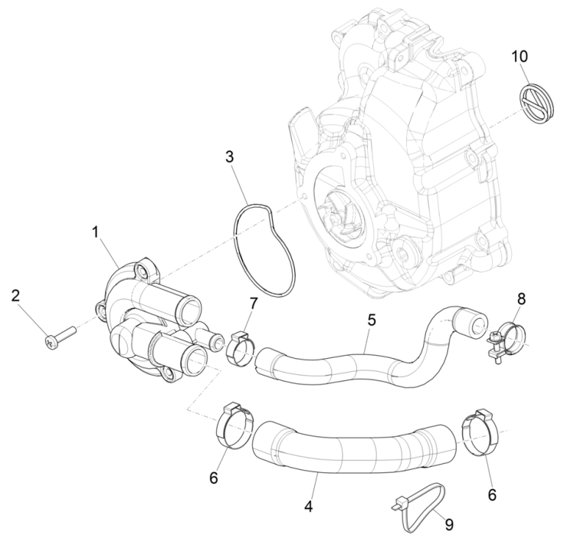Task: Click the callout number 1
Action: point(96,230)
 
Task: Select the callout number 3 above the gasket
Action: point(229,157)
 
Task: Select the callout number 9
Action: point(449,525)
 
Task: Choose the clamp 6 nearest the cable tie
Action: point(482,432)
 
